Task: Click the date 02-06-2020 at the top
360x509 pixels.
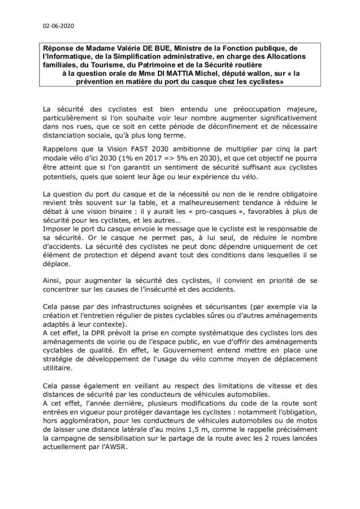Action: pyautogui.click(x=58, y=26)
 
